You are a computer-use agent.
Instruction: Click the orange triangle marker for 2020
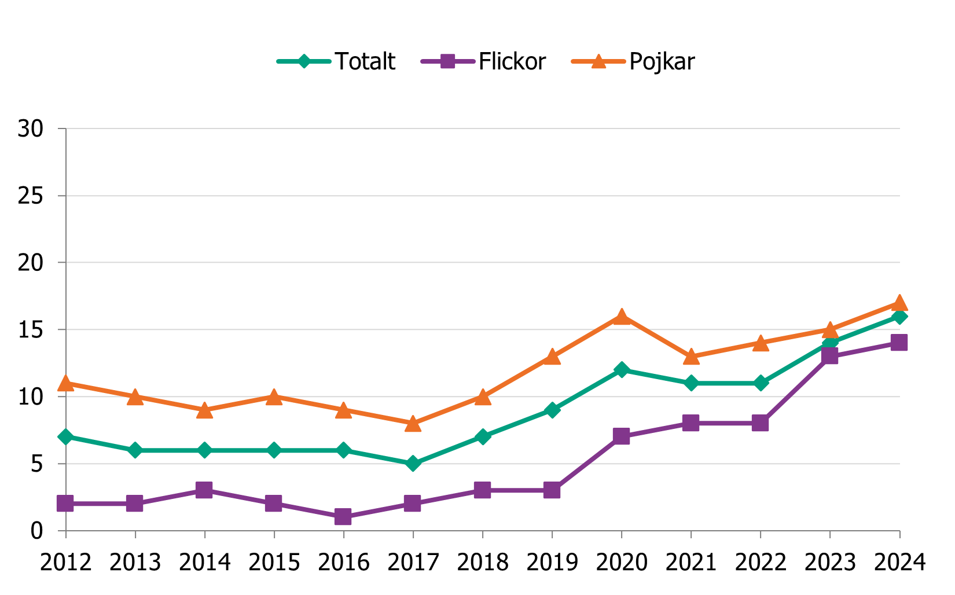pyautogui.click(x=622, y=317)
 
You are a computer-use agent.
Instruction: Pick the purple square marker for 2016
pyautogui.click(x=343, y=516)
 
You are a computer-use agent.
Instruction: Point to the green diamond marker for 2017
pyautogui.click(x=413, y=464)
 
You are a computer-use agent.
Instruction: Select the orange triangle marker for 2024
pyautogui.click(x=899, y=303)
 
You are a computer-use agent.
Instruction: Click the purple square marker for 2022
pyautogui.click(x=760, y=423)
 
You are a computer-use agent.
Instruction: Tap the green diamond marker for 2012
pyautogui.click(x=65, y=436)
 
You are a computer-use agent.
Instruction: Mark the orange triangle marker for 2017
pyautogui.click(x=413, y=424)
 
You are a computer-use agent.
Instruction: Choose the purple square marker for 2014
pyautogui.click(x=204, y=490)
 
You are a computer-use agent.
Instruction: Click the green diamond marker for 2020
pyautogui.click(x=622, y=370)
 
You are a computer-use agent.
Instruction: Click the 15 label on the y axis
pyautogui.click(x=30, y=330)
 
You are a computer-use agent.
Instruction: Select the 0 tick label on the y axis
pyautogui.click(x=36, y=531)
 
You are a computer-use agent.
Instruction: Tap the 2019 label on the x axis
pyautogui.click(x=552, y=562)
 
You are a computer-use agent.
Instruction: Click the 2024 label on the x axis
pyautogui.click(x=899, y=562)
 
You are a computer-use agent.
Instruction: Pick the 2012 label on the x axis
pyautogui.click(x=65, y=562)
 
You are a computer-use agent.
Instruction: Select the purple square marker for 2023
pyautogui.click(x=829, y=355)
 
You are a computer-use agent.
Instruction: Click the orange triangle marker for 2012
pyautogui.click(x=65, y=383)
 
